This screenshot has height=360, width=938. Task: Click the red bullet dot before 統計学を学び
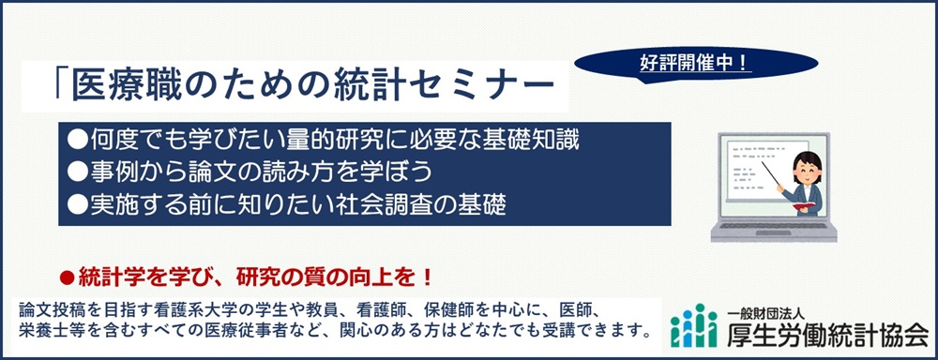coord(66,277)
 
